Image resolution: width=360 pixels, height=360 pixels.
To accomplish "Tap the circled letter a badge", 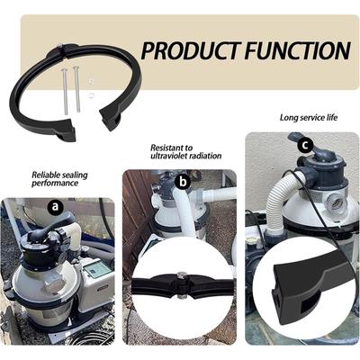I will click(x=57, y=206).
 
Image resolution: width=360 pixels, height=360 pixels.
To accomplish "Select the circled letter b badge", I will click(x=183, y=181).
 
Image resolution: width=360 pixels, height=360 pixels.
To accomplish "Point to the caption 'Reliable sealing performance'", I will click(x=55, y=179).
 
